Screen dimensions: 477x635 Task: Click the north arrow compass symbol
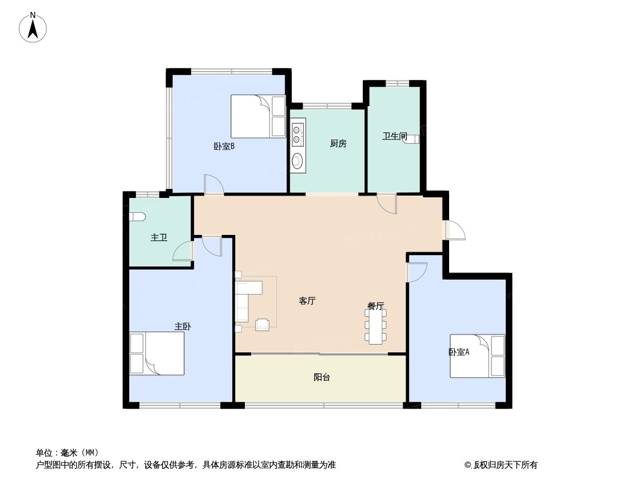coord(34,27)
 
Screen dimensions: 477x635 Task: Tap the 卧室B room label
coord(224,146)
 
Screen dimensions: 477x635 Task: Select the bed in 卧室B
coord(258,116)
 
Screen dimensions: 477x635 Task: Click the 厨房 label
coord(338,143)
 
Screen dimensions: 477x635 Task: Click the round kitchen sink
coord(297,160)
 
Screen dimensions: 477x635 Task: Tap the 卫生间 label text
coord(394,136)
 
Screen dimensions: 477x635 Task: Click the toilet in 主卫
coord(136,218)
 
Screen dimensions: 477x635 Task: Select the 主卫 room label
coord(158,237)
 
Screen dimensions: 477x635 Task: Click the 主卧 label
coord(182,326)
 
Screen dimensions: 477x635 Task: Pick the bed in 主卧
coord(157,354)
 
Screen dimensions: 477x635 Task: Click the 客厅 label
coord(307,301)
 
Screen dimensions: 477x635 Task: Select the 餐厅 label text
coord(376,306)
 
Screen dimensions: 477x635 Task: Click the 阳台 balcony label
coord(322,377)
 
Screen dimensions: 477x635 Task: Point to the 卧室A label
coord(459,352)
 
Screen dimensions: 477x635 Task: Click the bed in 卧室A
coord(478,356)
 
